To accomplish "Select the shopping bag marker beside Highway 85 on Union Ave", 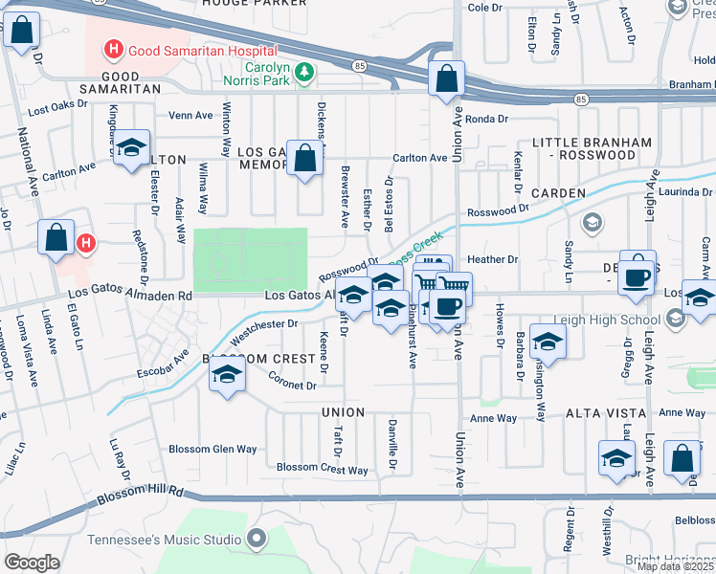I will [x=446, y=80].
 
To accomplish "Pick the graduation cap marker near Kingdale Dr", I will [x=132, y=149].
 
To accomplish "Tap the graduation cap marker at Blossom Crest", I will [x=226, y=375].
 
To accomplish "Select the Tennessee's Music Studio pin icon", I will [x=256, y=540].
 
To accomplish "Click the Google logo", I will [x=32, y=563].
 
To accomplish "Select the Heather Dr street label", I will [x=492, y=259].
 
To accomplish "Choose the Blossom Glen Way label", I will [x=213, y=449].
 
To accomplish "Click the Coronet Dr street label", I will [x=292, y=386].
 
